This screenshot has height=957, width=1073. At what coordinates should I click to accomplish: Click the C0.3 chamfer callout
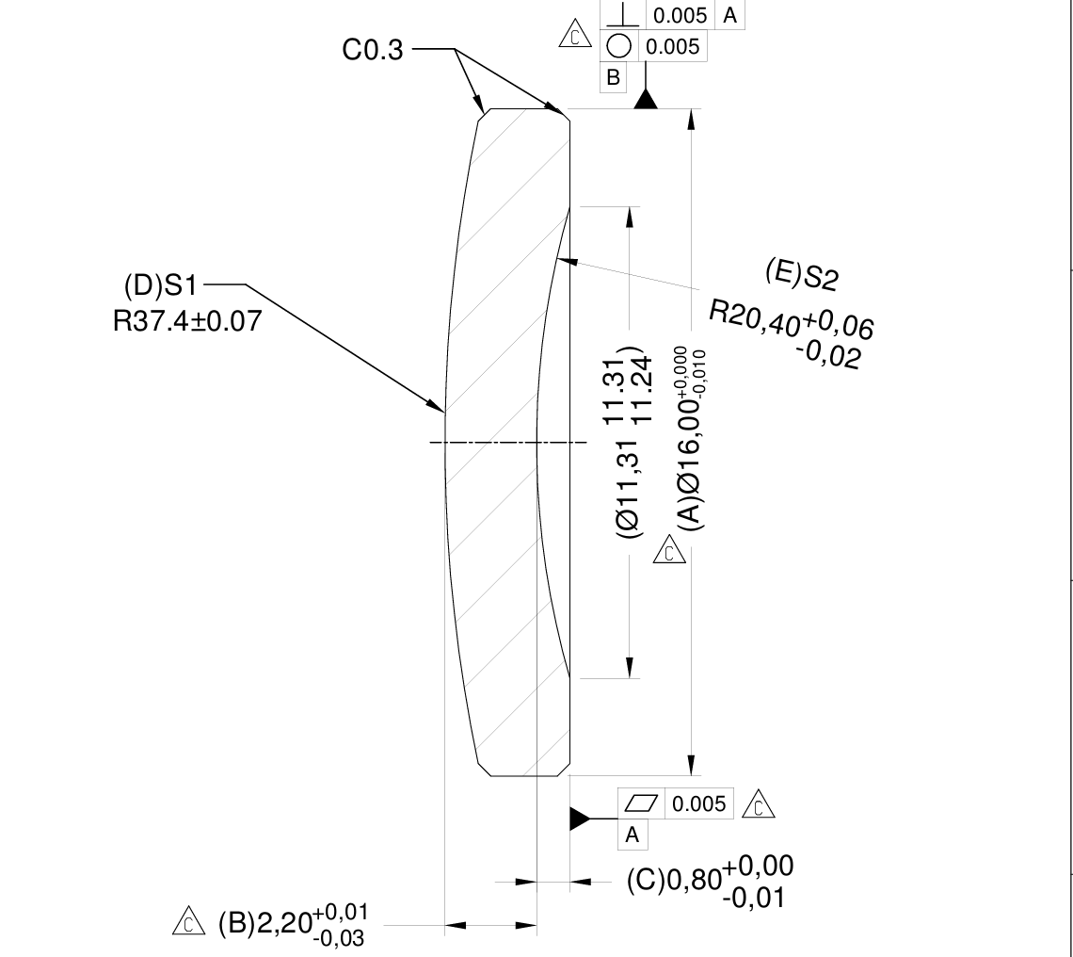(372, 50)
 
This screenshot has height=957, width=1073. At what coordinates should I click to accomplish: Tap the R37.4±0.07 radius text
(186, 321)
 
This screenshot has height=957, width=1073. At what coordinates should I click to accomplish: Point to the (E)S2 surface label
(801, 273)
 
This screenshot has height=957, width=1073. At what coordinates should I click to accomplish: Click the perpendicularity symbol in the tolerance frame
(620, 12)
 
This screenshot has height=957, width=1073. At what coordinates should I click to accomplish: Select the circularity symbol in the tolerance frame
(619, 45)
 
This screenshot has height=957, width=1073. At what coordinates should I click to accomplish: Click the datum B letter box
(614, 78)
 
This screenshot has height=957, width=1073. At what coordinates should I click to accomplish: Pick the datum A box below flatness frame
(632, 834)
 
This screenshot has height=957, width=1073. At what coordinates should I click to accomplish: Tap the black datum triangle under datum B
(645, 99)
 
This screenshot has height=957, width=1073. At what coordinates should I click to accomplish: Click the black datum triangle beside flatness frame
(578, 819)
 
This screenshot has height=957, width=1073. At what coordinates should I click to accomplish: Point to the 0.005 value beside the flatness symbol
(697, 803)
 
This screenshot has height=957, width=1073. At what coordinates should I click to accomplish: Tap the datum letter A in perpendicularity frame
(730, 13)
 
